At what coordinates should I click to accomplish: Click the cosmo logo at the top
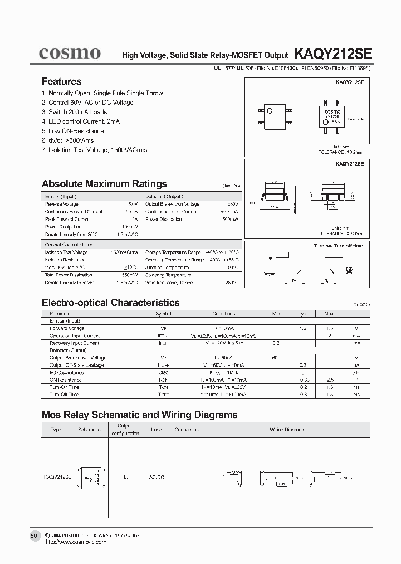(70, 53)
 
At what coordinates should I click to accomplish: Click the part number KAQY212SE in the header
(329, 54)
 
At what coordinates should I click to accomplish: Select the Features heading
(61, 81)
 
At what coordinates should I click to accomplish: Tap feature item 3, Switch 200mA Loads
(74, 112)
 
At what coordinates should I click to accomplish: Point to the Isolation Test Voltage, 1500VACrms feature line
(95, 150)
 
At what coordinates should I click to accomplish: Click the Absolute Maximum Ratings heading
(104, 184)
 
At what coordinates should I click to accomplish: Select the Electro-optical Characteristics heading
(111, 303)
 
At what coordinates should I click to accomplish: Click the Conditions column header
(224, 314)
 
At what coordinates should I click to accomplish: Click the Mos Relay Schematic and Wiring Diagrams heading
(140, 415)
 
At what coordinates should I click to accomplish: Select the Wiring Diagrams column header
(287, 430)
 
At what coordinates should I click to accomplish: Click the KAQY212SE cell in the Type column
(57, 477)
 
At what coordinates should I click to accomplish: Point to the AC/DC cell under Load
(157, 477)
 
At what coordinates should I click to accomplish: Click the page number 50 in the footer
(33, 536)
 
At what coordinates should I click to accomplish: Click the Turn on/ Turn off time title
(338, 246)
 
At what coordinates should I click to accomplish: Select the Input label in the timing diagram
(271, 258)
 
